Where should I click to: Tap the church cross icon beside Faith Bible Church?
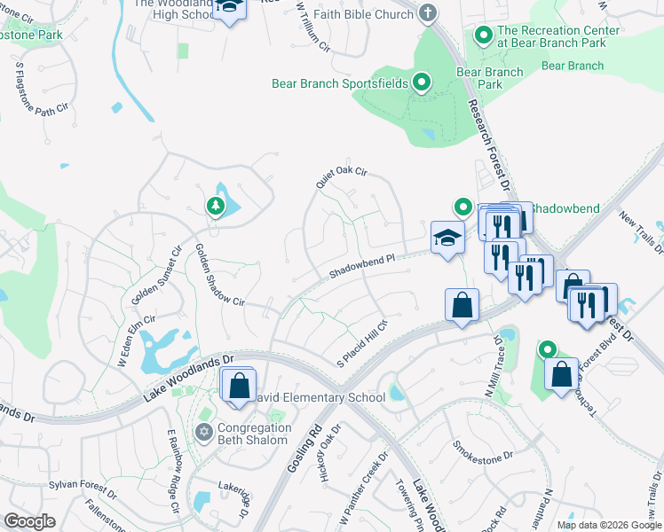tap(428, 13)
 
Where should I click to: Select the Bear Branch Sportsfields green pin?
tap(423, 84)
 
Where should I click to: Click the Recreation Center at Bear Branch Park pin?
tap(484, 36)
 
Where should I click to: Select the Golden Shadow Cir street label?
tap(219, 275)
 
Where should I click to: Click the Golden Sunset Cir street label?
tap(156, 277)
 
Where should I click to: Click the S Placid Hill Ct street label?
tap(364, 344)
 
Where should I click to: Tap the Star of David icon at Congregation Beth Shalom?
tap(203, 432)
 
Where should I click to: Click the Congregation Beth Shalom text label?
tap(253, 434)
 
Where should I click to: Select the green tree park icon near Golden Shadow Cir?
tap(215, 207)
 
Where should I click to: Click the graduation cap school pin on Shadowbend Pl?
tap(447, 238)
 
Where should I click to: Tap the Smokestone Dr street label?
tap(483, 450)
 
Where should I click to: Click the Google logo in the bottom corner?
tap(29, 521)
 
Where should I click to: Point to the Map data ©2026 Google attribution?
tap(609, 525)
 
